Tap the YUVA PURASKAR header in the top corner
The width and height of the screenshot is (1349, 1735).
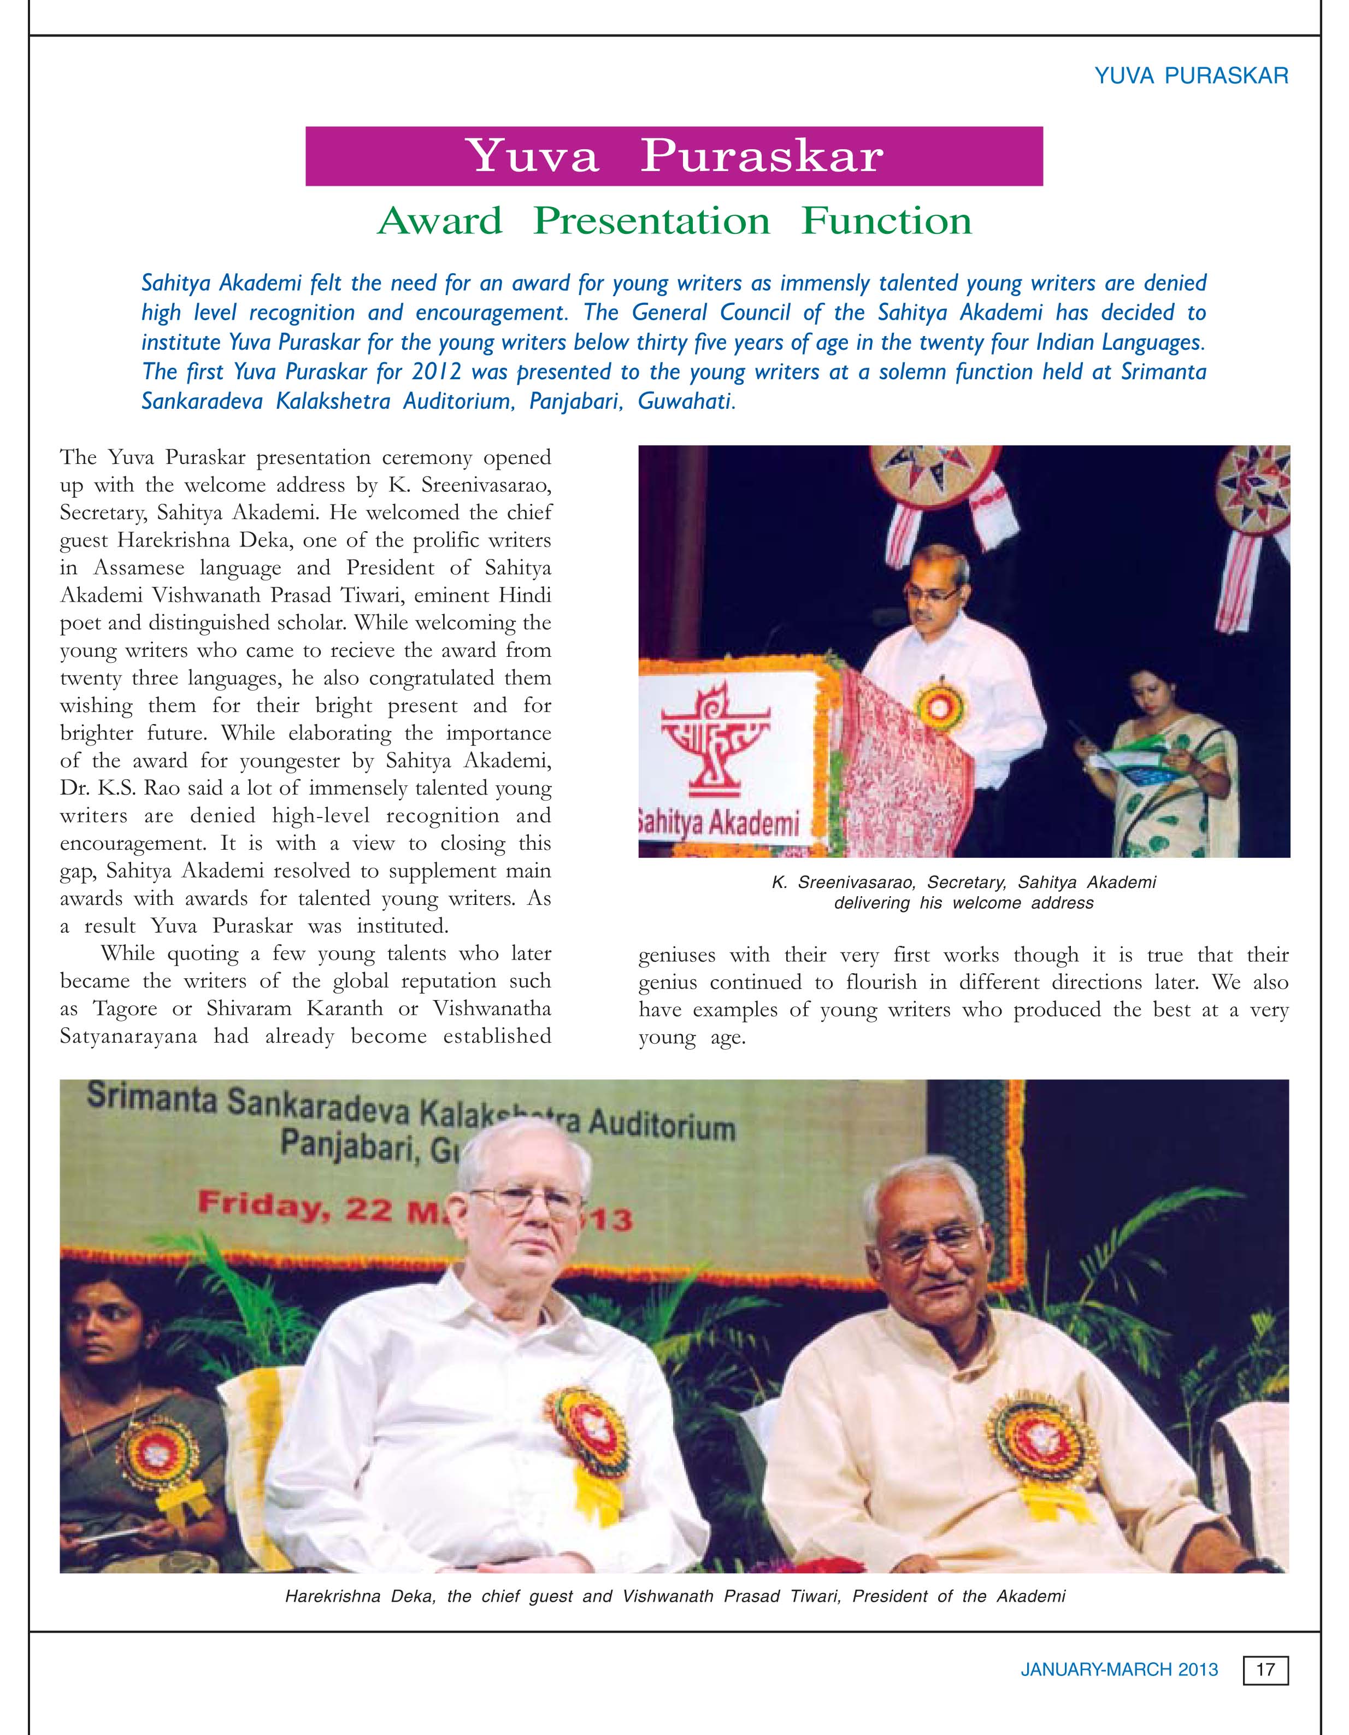click(x=1191, y=77)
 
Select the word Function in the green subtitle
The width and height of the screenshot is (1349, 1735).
click(x=887, y=221)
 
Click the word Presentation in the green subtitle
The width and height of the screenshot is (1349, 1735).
click(x=651, y=221)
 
